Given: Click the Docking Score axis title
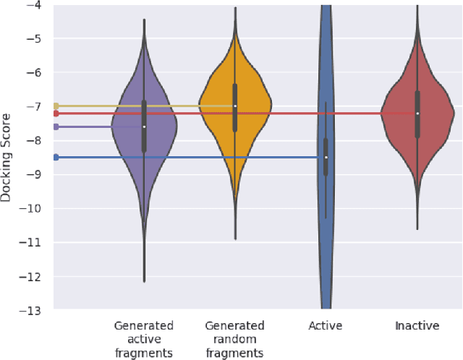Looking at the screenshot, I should point(7,157).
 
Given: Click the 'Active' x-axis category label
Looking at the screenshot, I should point(326,326).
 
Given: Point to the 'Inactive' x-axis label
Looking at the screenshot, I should point(417,326).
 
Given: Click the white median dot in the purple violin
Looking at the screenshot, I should point(144,127).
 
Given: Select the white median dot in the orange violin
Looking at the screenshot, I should point(235,106).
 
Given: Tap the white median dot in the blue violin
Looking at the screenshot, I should point(326,157).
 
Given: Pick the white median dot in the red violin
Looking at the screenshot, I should point(417,113).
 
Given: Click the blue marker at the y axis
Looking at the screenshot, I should point(56,157).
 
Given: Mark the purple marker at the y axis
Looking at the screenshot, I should point(56,127).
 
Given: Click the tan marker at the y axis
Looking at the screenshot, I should point(56,106).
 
